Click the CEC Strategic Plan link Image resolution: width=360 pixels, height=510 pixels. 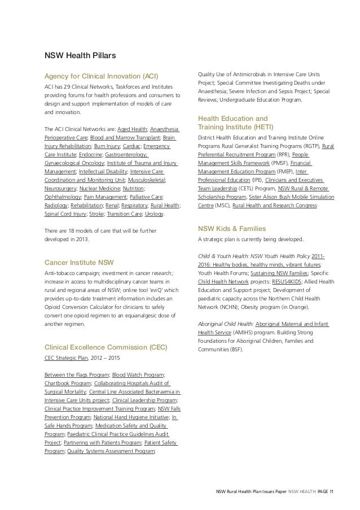(x=63, y=358)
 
